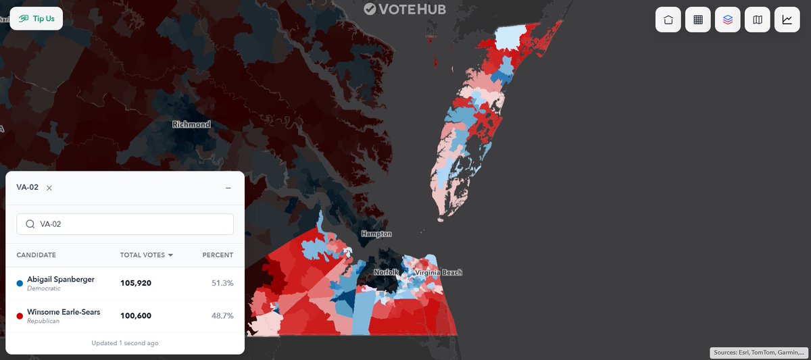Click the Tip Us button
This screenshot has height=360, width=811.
(36, 19)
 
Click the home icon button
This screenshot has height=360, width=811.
(668, 20)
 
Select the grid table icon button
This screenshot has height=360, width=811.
(697, 20)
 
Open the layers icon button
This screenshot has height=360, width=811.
(727, 20)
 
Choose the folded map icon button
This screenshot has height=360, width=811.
(757, 20)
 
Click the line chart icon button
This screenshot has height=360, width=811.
(787, 20)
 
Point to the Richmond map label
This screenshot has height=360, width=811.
(191, 124)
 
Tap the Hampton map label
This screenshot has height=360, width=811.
(376, 234)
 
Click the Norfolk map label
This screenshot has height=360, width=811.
(388, 273)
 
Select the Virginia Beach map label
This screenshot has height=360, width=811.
(439, 273)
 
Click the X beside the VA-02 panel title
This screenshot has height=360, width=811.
(49, 188)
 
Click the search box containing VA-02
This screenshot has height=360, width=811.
(125, 224)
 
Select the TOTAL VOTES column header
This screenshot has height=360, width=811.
(146, 255)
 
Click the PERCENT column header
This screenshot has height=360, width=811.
(218, 255)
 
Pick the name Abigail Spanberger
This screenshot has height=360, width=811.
(60, 279)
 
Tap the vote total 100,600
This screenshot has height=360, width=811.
(136, 315)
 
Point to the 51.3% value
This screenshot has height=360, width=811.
(222, 283)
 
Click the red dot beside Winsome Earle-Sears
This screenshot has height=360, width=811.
(20, 316)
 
